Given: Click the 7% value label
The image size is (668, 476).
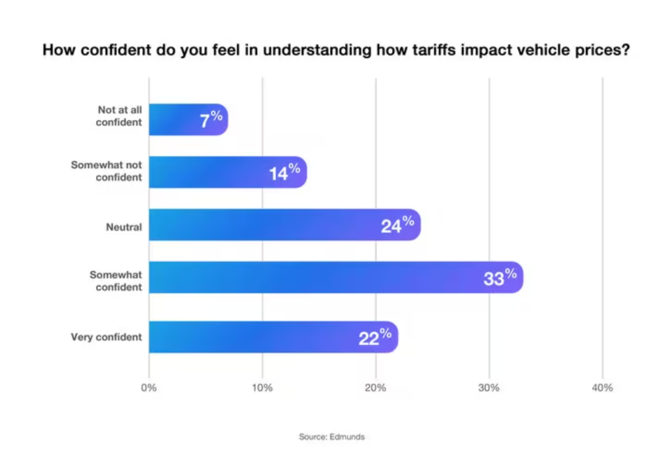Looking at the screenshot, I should [211, 120].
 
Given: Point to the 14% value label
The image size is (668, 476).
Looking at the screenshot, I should [284, 172].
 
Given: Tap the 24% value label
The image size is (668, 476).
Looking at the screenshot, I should [397, 225].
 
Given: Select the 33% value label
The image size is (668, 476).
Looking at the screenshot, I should [500, 277].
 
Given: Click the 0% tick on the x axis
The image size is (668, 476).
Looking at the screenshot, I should [149, 388].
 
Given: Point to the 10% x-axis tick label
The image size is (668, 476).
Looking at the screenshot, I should [262, 388].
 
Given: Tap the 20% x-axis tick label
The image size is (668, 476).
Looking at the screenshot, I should [376, 388].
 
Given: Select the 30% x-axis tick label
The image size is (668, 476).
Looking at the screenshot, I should [489, 388].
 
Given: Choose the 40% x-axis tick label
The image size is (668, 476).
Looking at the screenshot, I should [603, 388].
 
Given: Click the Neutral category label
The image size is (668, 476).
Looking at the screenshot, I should [124, 228].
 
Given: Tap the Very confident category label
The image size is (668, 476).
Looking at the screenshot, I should [106, 337].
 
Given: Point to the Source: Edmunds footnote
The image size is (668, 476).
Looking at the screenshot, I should [332, 437].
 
